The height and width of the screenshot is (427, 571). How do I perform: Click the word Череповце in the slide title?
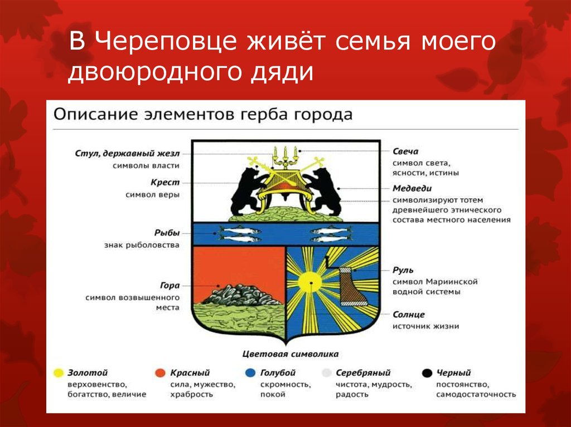tap(166, 41)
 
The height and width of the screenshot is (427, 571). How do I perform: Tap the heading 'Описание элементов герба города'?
tap(203, 114)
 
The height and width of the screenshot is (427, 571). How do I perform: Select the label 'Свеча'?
tap(405, 151)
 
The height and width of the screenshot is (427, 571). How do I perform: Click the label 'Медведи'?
tap(412, 188)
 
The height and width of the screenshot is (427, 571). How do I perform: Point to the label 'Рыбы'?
tap(167, 233)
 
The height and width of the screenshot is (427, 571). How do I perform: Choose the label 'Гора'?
tap(170, 286)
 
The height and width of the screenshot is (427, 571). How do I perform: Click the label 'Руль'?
tap(403, 270)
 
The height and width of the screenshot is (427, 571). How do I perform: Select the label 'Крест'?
tap(165, 182)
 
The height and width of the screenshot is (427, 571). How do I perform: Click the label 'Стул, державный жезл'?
tap(128, 154)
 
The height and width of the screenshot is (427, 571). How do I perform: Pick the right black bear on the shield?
tap(323, 192)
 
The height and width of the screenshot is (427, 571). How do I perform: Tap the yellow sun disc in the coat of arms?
tap(310, 282)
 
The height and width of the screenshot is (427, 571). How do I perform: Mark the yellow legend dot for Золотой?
tap(59, 373)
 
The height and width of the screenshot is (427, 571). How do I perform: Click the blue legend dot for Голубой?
tap(250, 373)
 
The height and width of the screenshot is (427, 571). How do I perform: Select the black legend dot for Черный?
tap(427, 373)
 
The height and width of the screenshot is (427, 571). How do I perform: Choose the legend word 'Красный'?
tap(190, 373)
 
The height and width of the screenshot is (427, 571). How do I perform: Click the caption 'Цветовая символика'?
tap(291, 354)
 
